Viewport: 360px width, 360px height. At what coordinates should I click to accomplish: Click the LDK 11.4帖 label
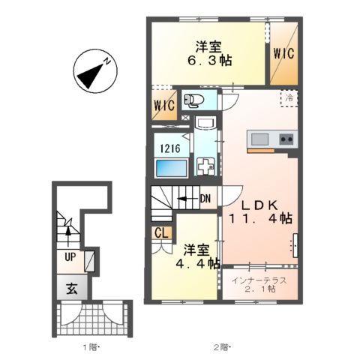coord(260,211)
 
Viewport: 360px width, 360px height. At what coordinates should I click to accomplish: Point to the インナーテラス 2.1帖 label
coord(261,285)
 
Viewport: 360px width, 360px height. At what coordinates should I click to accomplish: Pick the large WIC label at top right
coord(283,54)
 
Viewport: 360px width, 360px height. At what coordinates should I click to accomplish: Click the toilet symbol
coord(193,100)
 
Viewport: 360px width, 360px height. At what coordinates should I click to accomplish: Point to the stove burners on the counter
coord(286,139)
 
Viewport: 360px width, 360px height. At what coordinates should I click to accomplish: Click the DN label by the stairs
coord(205,199)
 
